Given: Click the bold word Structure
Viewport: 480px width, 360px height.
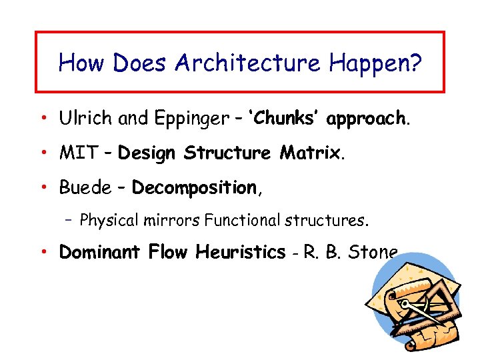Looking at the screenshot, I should pos(227,153).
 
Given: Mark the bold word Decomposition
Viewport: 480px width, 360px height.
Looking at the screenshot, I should pos(194,189).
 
